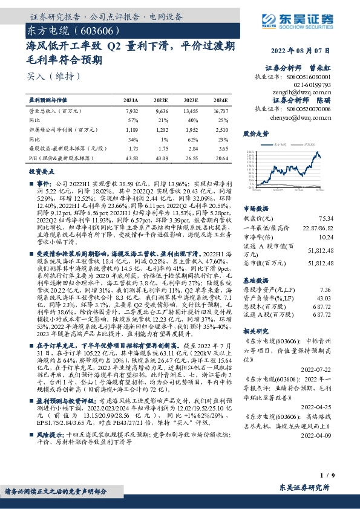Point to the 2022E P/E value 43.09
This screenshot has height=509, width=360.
pos(161,158)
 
